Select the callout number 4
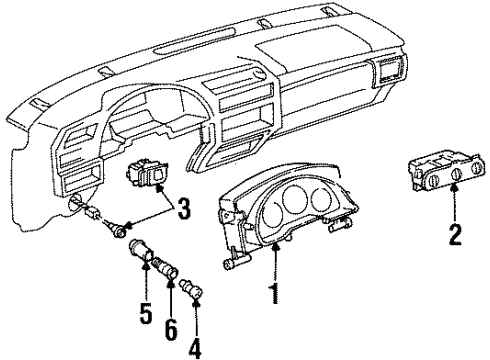(x=194, y=351)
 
